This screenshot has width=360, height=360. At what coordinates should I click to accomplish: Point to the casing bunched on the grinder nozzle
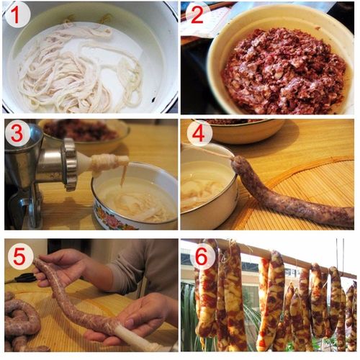tap(108, 163)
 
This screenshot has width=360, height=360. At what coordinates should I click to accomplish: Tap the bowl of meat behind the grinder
tap(83, 132)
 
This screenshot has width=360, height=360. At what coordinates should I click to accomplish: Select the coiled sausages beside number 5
tap(22, 324)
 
